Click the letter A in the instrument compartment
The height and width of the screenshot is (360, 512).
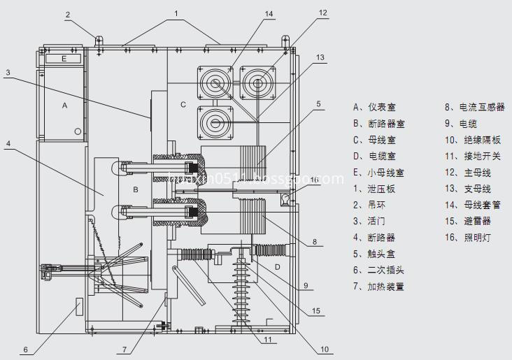(x=65, y=106)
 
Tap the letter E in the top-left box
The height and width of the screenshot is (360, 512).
(x=64, y=59)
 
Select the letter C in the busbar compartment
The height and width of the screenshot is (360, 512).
(x=183, y=105)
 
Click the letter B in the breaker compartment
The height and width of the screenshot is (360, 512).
(x=137, y=189)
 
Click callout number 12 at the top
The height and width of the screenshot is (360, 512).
(x=322, y=13)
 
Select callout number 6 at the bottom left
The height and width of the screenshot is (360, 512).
(x=24, y=350)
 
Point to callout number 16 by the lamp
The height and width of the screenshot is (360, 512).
(x=315, y=180)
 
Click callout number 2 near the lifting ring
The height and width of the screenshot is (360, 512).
(x=68, y=14)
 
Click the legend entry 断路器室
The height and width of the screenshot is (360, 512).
(x=384, y=124)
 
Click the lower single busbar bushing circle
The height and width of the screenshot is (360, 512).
(x=215, y=122)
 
